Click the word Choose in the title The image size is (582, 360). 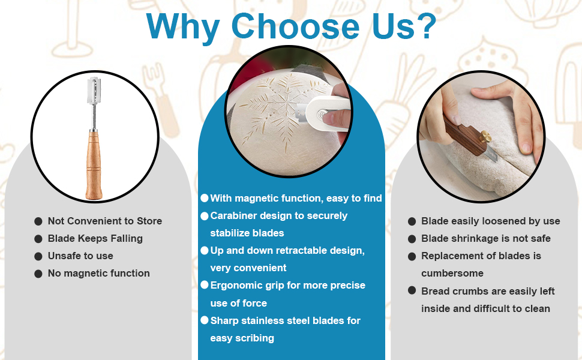tap(295, 27)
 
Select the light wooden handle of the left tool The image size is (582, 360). tap(94, 164)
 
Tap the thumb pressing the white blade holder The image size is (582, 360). tap(335, 119)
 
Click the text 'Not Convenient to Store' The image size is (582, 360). tap(105, 221)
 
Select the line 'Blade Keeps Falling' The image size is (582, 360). tap(95, 238)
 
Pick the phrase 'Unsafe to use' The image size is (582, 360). tap(80, 256)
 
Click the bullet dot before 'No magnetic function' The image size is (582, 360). tap(38, 274)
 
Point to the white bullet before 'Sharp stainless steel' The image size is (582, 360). tap(205, 320)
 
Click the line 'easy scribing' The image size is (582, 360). tap(242, 338)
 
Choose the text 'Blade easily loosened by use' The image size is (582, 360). tap(490, 221)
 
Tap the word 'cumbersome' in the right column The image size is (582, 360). tap(452, 274)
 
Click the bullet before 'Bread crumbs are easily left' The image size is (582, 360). tap(412, 290)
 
